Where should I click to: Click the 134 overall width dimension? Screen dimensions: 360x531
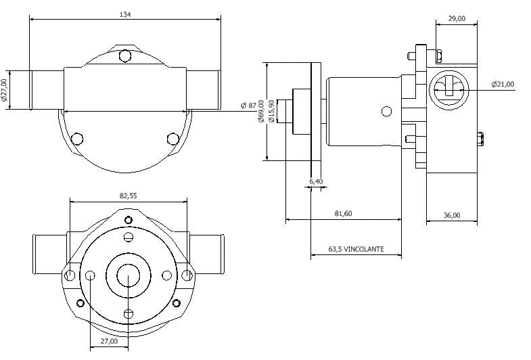tap(124, 14)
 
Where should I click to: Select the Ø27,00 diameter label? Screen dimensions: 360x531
tap(5, 90)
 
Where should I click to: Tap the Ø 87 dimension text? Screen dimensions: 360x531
tap(249, 105)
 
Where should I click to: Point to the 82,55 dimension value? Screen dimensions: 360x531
tap(128, 195)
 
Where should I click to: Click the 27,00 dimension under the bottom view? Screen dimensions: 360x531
tap(109, 342)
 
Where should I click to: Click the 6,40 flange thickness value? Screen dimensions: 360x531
tap(316, 181)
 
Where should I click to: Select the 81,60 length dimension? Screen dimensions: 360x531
tap(343, 214)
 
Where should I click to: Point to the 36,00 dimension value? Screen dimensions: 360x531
tap(451, 215)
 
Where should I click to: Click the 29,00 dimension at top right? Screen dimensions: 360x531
tap(457, 19)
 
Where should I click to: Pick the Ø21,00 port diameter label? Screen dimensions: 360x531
tap(503, 85)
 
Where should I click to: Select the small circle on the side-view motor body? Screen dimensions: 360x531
tap(386, 111)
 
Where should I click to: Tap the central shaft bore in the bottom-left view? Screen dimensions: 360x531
tap(128, 275)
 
